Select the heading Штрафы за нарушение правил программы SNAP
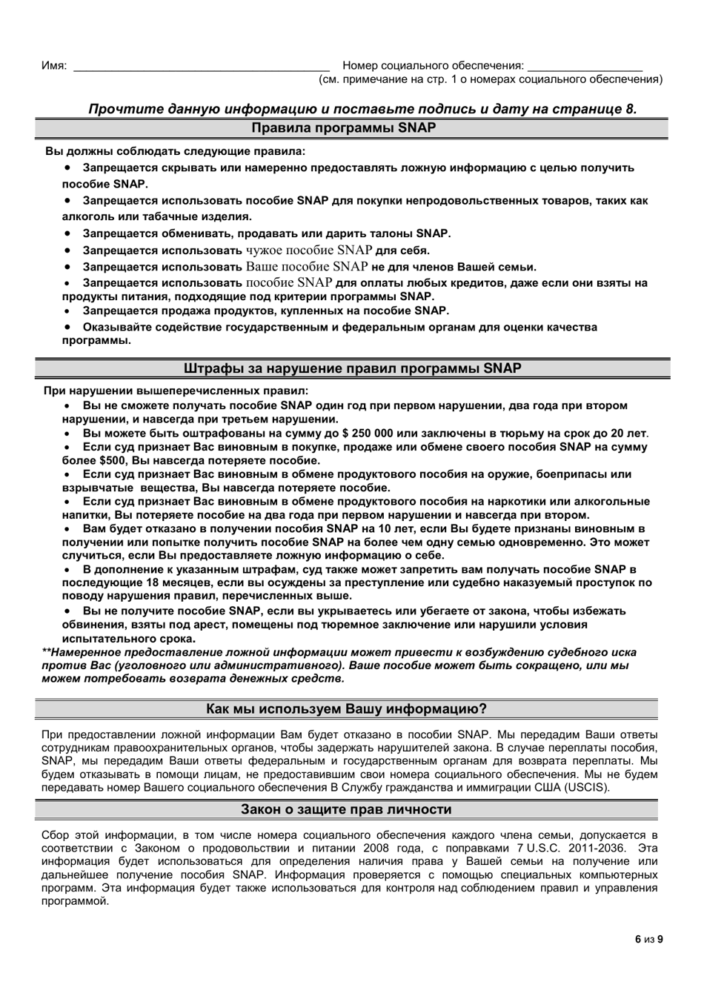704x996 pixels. [352, 368]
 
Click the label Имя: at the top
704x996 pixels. [54, 66]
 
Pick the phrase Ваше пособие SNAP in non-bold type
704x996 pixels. [307, 267]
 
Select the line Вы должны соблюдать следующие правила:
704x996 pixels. [175, 151]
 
